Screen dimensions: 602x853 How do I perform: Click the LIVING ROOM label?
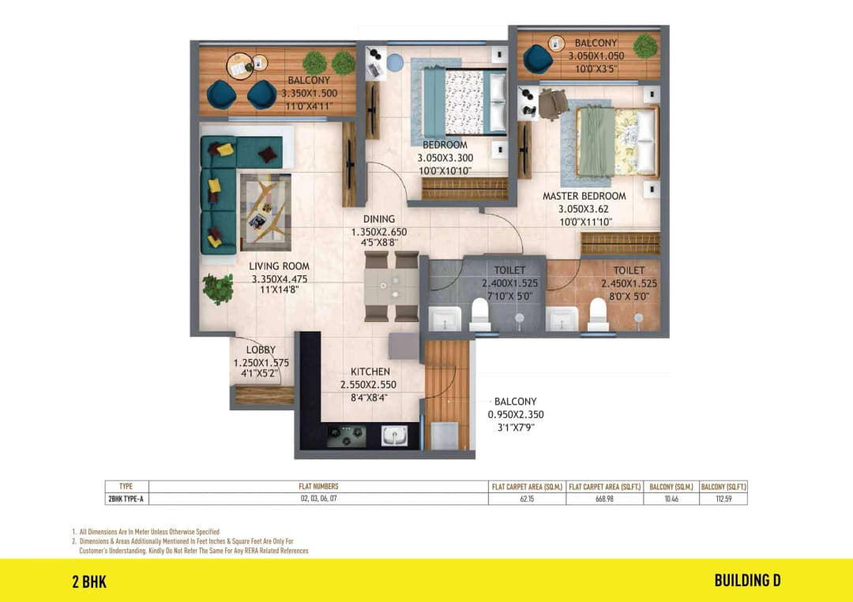click(279, 266)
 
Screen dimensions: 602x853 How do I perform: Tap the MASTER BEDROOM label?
click(584, 196)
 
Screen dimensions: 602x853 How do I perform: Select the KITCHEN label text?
click(370, 372)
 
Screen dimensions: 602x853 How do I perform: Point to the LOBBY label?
click(261, 350)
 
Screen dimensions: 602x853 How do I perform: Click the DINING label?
click(378, 219)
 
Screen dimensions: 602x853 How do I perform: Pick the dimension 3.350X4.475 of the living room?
click(280, 279)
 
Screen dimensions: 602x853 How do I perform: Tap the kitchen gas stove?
click(346, 435)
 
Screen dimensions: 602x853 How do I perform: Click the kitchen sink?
click(394, 435)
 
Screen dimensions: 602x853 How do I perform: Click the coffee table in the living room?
click(265, 211)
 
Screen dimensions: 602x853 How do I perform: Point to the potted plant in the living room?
click(217, 289)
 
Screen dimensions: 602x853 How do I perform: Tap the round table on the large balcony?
click(240, 65)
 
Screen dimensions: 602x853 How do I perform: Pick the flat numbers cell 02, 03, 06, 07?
click(318, 499)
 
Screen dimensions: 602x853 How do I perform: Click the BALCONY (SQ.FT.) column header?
click(723, 487)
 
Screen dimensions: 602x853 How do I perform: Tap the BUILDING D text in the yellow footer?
click(747, 581)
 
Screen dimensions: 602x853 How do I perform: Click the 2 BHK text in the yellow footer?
click(89, 582)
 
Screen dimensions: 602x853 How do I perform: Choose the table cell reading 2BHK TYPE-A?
click(126, 499)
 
